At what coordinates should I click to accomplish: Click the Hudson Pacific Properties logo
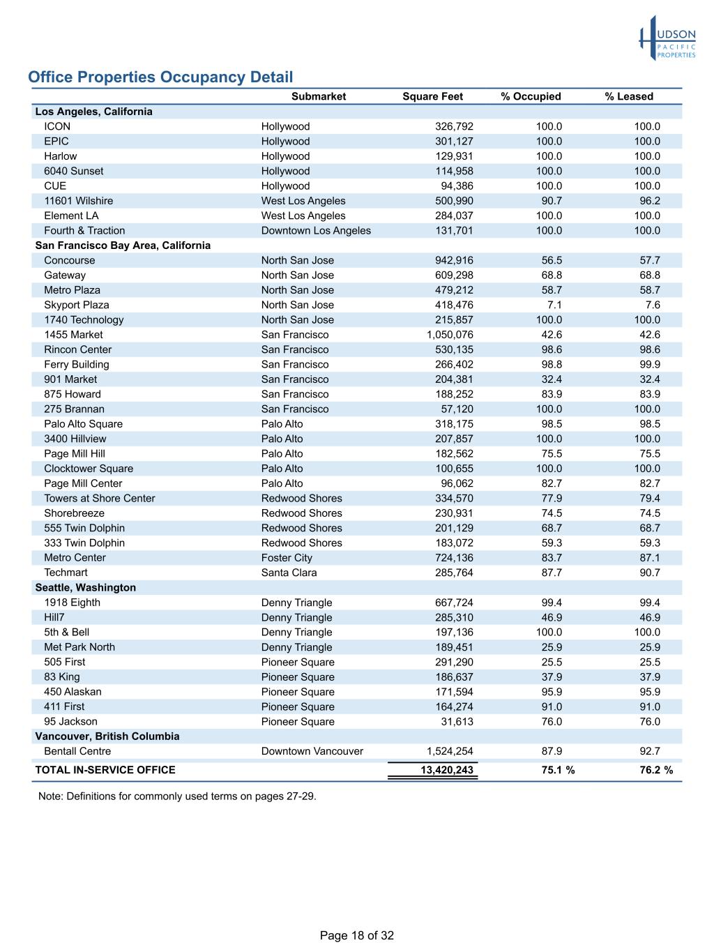click(x=667, y=38)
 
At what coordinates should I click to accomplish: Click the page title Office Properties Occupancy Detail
click(x=160, y=77)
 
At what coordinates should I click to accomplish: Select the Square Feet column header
click(x=432, y=97)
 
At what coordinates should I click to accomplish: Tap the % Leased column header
click(x=629, y=97)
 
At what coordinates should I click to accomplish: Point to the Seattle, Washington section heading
click(x=86, y=588)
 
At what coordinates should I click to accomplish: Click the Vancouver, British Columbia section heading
click(x=107, y=736)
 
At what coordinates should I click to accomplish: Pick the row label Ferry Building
click(x=77, y=365)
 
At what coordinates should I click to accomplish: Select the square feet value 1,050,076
click(x=445, y=335)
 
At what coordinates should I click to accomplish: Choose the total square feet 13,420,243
click(x=446, y=771)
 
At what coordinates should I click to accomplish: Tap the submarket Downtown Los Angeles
click(x=316, y=231)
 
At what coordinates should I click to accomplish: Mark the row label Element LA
click(x=71, y=216)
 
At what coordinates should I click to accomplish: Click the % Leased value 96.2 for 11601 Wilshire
click(x=650, y=201)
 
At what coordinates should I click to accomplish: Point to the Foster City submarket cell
click(x=287, y=558)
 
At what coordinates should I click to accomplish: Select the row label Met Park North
click(x=79, y=647)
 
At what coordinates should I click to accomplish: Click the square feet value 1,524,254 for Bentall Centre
click(x=450, y=752)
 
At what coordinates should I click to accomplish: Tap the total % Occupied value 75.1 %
click(x=558, y=771)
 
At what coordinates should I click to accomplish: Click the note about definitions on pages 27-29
click(x=177, y=796)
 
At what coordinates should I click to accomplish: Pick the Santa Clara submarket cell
click(x=289, y=573)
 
